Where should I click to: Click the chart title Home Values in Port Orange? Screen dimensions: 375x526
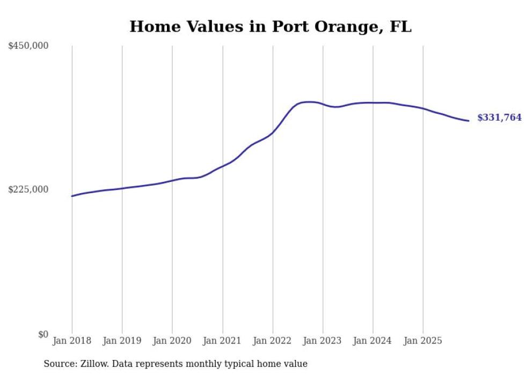[x=271, y=27]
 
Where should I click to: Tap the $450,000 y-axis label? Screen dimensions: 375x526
[x=28, y=46]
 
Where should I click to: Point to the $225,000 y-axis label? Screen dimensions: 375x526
[x=28, y=189]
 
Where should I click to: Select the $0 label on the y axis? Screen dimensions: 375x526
[x=43, y=334]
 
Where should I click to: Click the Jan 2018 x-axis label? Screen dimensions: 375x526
[x=72, y=341]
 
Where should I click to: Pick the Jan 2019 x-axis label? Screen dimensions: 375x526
[x=122, y=341]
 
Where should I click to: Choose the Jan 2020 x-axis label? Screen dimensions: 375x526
[x=172, y=341]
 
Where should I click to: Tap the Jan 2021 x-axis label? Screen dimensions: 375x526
[x=222, y=341]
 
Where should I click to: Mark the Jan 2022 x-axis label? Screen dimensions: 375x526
[x=273, y=341]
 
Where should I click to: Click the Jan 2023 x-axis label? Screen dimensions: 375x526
[x=323, y=341]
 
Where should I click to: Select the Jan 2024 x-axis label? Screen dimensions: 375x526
[x=373, y=341]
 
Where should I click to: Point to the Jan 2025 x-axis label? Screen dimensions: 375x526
[x=423, y=341]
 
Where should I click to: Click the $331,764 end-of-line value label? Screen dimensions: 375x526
[x=499, y=118]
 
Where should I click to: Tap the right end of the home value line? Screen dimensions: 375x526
[x=469, y=121]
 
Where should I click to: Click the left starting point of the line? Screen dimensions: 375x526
[x=72, y=196]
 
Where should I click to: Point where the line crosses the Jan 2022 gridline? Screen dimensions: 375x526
[x=273, y=133]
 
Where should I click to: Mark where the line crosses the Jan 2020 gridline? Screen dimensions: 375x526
[x=172, y=180]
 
